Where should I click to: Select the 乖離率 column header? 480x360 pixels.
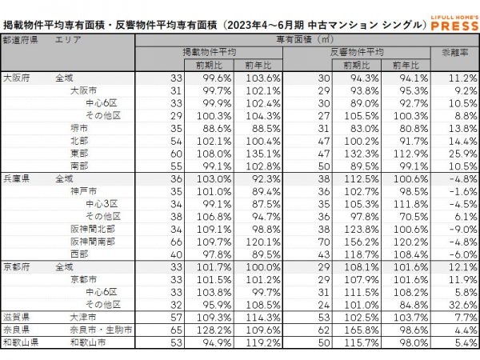(x=454, y=52)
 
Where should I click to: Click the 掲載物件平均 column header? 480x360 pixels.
(x=210, y=52)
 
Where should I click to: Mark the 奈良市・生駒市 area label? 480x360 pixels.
(x=100, y=330)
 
